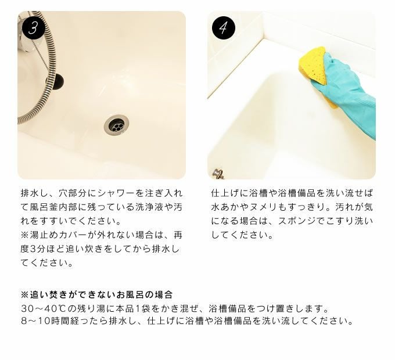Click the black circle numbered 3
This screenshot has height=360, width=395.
(33, 28)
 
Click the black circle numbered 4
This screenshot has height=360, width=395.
(224, 28)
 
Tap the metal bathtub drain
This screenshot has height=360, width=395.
(117, 124)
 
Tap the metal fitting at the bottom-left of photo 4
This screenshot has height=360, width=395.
(218, 174)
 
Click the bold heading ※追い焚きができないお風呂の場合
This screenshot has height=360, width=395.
(97, 294)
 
